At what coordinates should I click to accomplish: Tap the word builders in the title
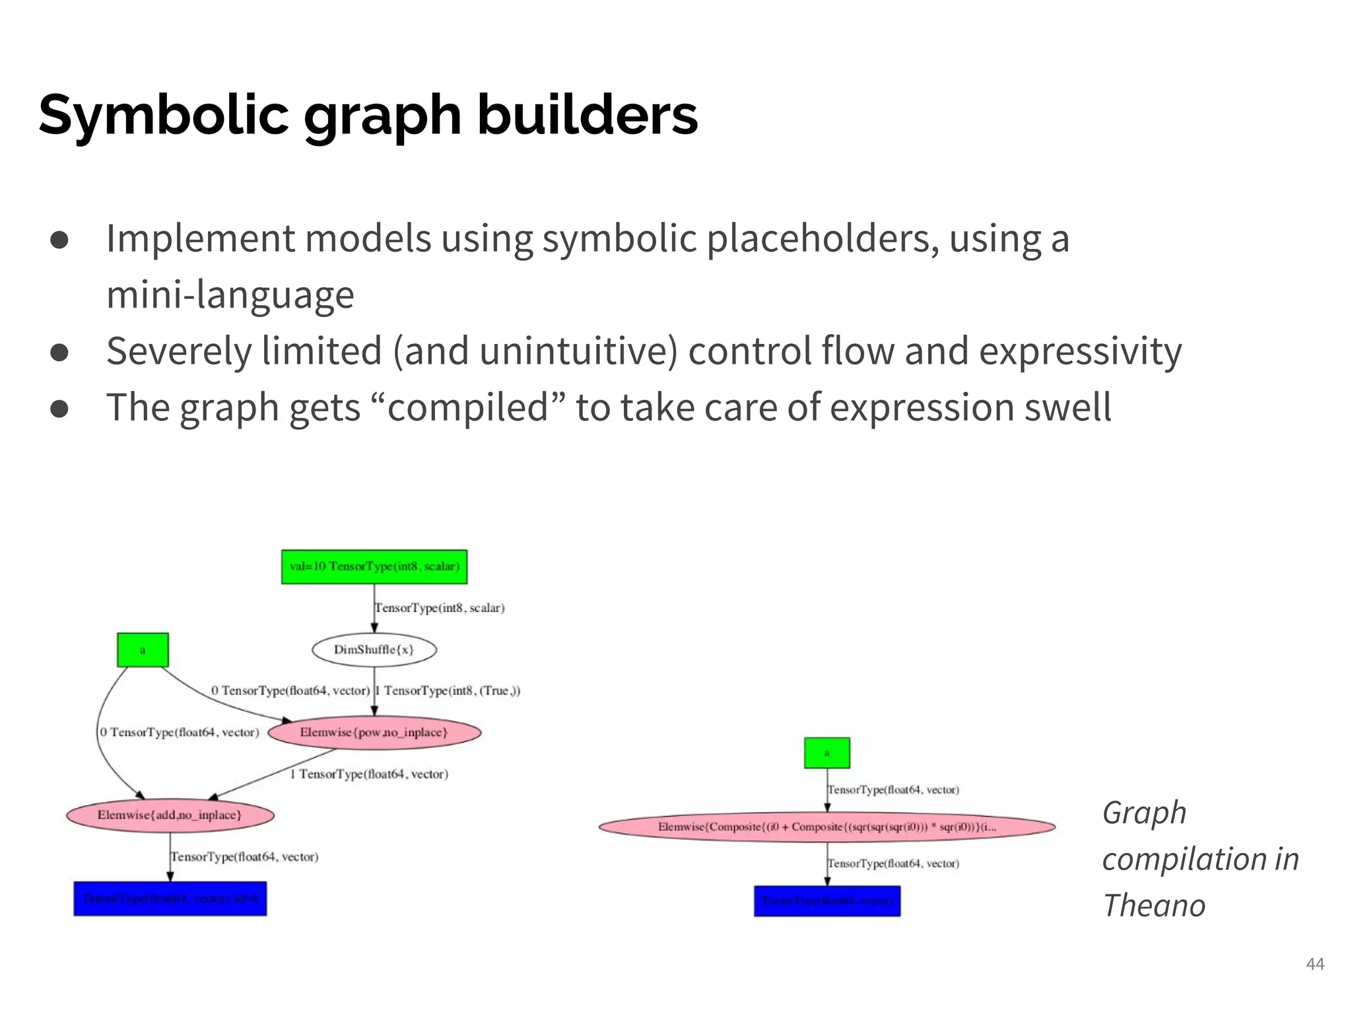[587, 116]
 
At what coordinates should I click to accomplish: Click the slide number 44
[1315, 964]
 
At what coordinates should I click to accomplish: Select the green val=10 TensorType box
[374, 567]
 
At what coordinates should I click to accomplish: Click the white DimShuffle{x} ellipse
[374, 650]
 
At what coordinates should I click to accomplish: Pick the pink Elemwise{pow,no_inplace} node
[374, 733]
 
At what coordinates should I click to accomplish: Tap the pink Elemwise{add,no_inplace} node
[170, 815]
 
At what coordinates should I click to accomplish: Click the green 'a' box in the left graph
[143, 650]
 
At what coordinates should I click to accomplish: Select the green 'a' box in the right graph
[827, 753]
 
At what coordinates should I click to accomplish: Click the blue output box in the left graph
[170, 899]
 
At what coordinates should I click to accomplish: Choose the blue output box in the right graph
[827, 901]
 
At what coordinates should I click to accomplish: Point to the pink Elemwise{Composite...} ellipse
[827, 827]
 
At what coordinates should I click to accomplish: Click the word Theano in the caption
[1154, 906]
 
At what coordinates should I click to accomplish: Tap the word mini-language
[230, 294]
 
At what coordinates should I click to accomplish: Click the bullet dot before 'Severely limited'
[59, 352]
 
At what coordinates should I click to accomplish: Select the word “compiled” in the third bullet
[468, 407]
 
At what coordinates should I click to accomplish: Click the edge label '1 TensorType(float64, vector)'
[369, 774]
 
